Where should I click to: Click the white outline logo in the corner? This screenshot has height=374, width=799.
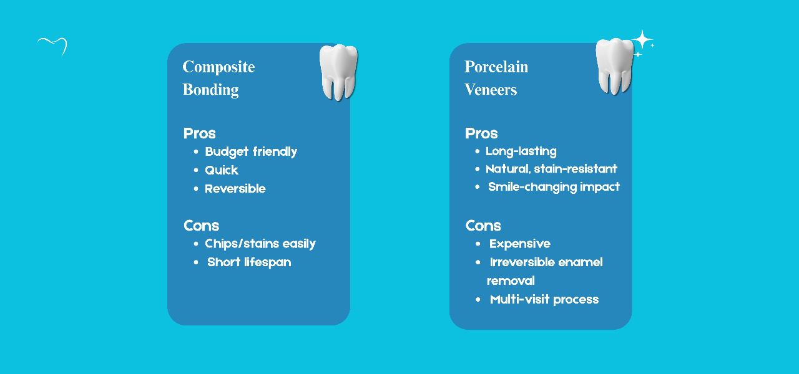(x=52, y=46)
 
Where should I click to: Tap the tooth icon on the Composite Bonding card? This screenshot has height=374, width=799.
(x=338, y=72)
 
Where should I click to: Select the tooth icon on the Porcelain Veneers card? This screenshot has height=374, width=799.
(x=614, y=66)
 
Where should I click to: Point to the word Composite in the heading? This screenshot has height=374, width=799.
(x=218, y=67)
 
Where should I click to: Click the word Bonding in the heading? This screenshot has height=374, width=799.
(x=210, y=90)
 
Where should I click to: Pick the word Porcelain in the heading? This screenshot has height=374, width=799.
(x=496, y=67)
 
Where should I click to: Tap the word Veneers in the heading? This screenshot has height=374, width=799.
(x=491, y=90)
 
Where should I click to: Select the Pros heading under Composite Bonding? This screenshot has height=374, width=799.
(x=199, y=133)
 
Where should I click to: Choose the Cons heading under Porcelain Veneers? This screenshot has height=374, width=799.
(x=483, y=226)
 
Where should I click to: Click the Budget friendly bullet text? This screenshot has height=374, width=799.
(x=251, y=151)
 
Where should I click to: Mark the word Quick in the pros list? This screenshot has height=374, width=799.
(x=222, y=170)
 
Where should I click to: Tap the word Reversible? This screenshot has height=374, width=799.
(x=235, y=189)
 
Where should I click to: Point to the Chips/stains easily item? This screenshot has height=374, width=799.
(x=260, y=244)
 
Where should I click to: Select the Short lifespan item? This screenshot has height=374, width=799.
(x=249, y=262)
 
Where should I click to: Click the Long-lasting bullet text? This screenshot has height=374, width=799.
(x=521, y=151)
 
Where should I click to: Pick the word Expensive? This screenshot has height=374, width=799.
(x=520, y=244)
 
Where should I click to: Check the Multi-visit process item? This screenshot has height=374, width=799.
(x=544, y=300)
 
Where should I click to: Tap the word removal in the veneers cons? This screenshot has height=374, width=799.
(x=511, y=281)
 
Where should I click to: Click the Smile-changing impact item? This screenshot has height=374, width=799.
(x=554, y=187)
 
